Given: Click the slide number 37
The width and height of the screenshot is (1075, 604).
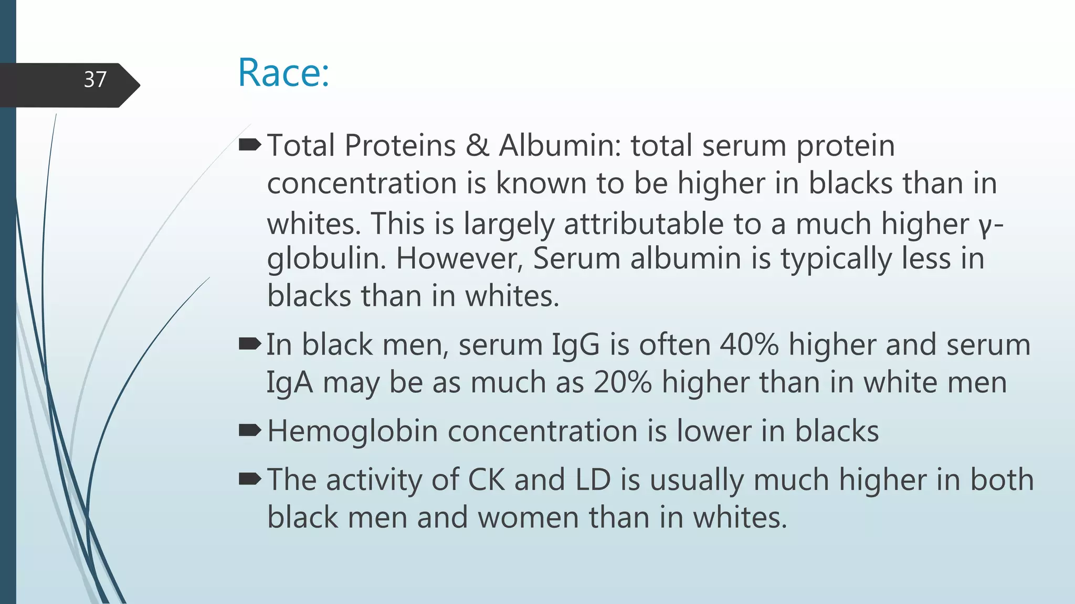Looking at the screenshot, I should [x=95, y=80].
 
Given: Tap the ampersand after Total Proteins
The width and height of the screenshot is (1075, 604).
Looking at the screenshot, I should [x=477, y=145].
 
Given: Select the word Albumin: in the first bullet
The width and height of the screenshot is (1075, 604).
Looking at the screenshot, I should [x=560, y=145].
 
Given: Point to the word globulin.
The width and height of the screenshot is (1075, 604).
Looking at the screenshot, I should [x=326, y=258].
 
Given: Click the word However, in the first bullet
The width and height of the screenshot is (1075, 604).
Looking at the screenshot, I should [x=460, y=258].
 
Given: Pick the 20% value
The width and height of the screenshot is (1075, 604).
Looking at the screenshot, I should [x=623, y=382].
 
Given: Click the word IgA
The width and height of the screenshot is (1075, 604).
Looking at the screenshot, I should [x=290, y=383].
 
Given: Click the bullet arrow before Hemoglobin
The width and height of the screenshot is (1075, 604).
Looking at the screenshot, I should [x=250, y=430].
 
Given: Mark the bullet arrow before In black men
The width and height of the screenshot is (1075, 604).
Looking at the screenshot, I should [x=250, y=344].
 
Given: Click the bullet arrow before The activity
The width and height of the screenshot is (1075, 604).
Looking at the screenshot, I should [x=250, y=479].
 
